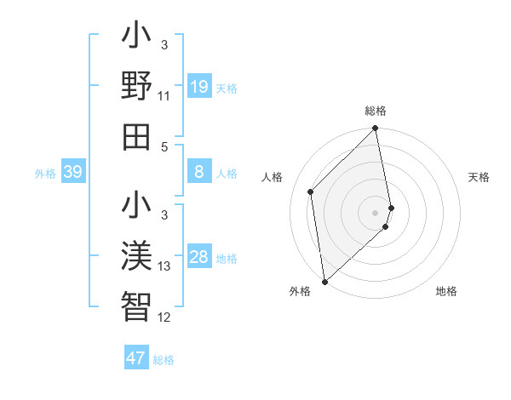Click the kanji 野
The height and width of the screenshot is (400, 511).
(136, 85)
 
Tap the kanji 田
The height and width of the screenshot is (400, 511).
(136, 134)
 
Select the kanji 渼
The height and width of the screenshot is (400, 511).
(136, 255)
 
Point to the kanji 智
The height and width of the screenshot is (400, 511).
(136, 305)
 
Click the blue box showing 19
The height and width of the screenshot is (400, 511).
(198, 86)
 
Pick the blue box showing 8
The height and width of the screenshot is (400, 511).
(198, 172)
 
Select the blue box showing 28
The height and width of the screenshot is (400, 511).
(198, 257)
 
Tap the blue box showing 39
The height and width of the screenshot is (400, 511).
(72, 172)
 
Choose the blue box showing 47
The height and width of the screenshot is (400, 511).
(136, 357)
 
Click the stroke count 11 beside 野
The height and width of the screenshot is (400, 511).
(164, 96)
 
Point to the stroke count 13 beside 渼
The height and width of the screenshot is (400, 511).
(164, 266)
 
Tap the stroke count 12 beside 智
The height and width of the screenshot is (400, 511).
(164, 317)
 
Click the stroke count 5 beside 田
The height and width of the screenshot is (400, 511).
(164, 146)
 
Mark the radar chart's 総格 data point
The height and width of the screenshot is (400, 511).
(376, 129)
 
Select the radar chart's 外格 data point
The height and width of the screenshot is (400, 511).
(324, 281)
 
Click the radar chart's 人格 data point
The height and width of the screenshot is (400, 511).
(311, 191)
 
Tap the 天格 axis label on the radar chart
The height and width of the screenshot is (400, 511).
(479, 177)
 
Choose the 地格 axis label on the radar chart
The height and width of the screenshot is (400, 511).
(446, 292)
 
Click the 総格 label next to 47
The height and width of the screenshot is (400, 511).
(164, 360)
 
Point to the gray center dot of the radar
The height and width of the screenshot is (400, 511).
(376, 212)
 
